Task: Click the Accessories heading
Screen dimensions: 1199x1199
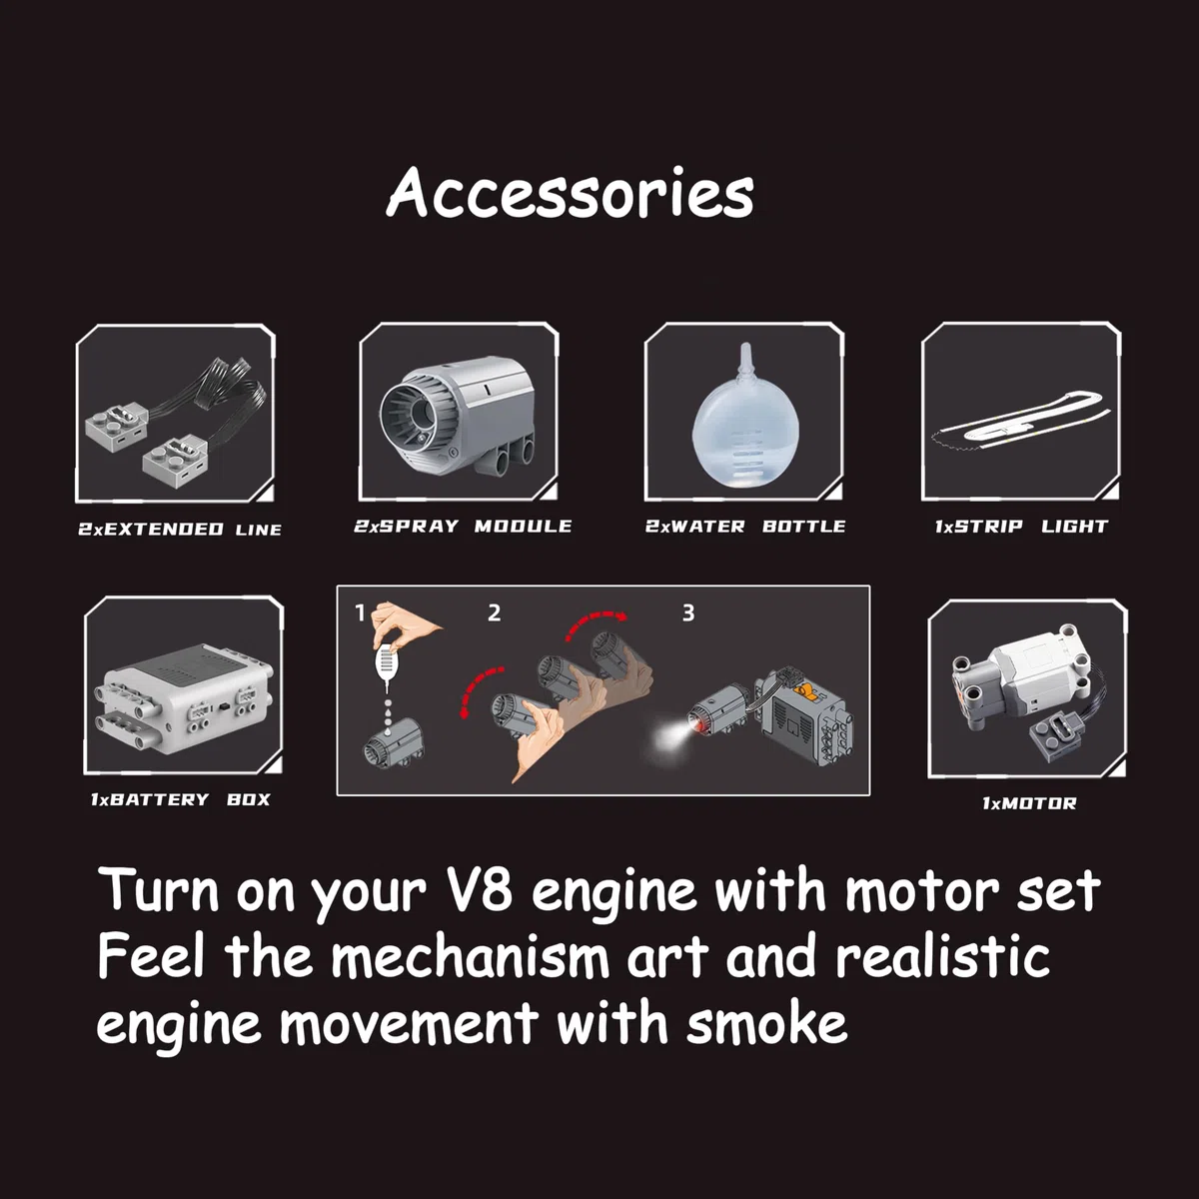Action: (570, 193)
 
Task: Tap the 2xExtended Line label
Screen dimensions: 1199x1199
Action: (180, 530)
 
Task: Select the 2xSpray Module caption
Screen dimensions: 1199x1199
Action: (463, 527)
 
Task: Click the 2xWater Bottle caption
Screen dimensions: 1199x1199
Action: (745, 527)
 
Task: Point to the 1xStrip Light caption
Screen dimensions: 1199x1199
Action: (1022, 527)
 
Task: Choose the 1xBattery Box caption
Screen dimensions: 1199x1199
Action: (181, 799)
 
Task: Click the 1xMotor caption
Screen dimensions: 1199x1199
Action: (1029, 803)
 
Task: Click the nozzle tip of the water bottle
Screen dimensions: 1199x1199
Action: (745, 344)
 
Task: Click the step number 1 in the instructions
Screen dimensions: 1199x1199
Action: (360, 612)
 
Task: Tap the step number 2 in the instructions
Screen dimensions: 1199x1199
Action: (494, 612)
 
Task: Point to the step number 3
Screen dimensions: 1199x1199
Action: (688, 612)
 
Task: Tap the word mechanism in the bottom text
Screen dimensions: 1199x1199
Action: (470, 957)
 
